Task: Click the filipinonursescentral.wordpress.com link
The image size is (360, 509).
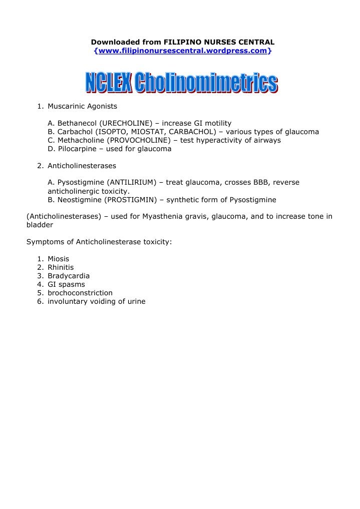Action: point(183,51)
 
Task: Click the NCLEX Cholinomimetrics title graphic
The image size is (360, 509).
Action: point(181,83)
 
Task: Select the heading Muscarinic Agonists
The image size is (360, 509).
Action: point(82,107)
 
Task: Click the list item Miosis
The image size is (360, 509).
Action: point(58,259)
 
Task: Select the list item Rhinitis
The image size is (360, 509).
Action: point(61,268)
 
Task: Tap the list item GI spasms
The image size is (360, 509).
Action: point(66,285)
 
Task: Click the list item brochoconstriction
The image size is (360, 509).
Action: point(80,293)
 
